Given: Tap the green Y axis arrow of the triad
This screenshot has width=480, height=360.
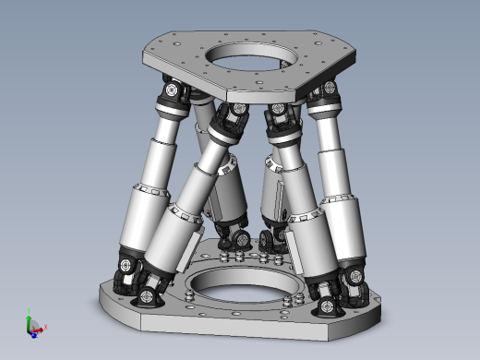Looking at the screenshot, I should [30, 315].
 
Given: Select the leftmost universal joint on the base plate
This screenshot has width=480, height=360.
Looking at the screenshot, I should [125, 269].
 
